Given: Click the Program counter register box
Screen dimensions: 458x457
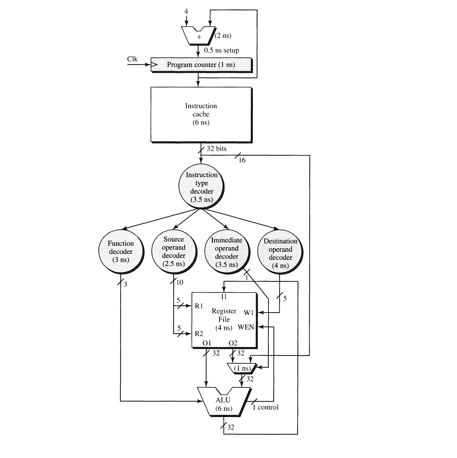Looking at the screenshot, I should click(x=201, y=65).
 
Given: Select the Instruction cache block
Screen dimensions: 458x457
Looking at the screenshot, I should click(x=201, y=114).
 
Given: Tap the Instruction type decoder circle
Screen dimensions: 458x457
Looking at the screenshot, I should click(x=201, y=187).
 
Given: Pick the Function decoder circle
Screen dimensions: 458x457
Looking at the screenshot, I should click(x=121, y=252).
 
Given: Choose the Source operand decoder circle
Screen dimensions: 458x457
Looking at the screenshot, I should click(x=173, y=252).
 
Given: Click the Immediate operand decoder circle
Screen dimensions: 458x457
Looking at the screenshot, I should click(x=226, y=252).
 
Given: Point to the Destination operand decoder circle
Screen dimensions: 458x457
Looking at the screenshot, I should click(x=280, y=253).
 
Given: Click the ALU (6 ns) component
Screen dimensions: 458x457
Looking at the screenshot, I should click(x=224, y=403).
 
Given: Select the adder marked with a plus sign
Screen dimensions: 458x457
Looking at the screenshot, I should click(x=199, y=35).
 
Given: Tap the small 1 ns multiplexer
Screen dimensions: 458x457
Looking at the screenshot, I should click(x=242, y=368).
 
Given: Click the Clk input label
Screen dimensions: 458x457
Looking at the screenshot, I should click(x=132, y=59).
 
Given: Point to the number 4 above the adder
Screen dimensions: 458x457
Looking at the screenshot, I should click(x=186, y=11).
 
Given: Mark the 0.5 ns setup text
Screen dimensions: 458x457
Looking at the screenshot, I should click(x=221, y=50).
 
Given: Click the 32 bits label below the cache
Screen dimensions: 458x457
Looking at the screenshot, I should click(x=216, y=148).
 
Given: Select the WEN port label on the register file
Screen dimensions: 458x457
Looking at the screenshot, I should click(x=246, y=327).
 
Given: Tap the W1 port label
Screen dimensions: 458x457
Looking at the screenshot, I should click(x=248, y=313).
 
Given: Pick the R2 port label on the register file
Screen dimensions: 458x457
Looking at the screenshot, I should click(x=199, y=334).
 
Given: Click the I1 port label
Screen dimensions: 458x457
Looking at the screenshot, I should click(x=224, y=297).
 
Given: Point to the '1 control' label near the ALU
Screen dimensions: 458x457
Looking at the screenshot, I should click(x=265, y=407).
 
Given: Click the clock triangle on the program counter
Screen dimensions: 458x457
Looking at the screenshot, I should click(x=154, y=65).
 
